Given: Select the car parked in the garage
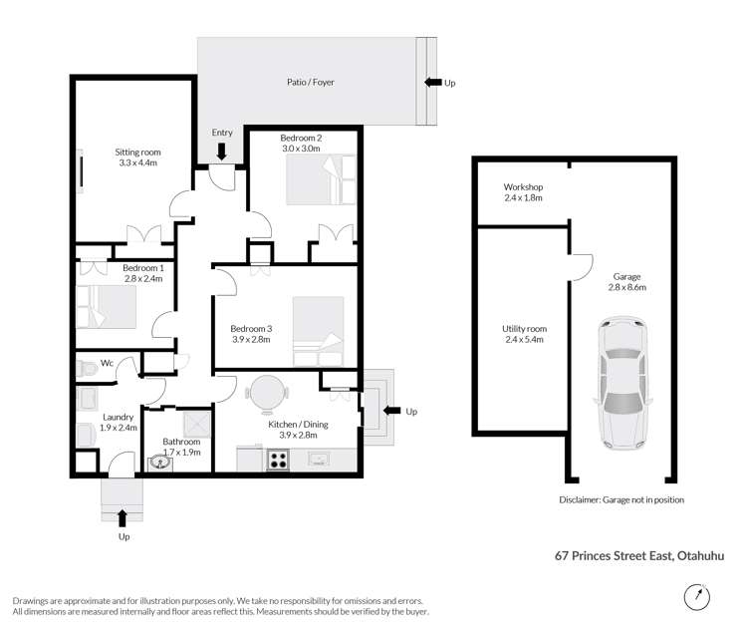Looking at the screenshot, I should pos(621,383).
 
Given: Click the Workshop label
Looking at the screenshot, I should pos(522,186).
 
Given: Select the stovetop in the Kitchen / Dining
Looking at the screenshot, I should pos(278,461).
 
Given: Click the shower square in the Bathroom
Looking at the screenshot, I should pos(195,422).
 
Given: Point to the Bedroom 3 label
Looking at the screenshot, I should pos(251,329).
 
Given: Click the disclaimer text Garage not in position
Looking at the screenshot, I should pos(622,499).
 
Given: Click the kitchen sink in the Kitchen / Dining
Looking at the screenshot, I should pos(321,460).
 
